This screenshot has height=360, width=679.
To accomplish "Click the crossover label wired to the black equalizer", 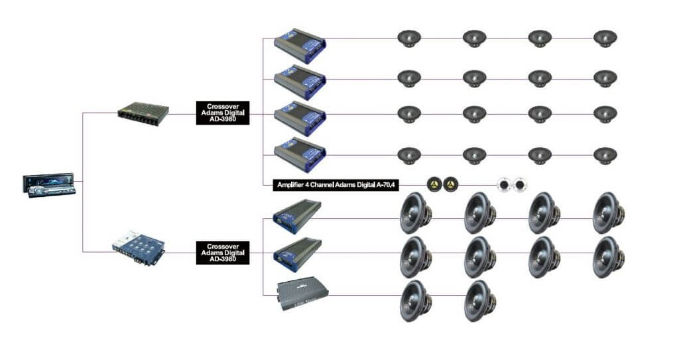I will pyautogui.click(x=223, y=113).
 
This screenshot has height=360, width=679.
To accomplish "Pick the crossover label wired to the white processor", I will pyautogui.click(x=223, y=253).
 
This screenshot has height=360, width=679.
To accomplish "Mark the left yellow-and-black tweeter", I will pyautogui.click(x=434, y=183).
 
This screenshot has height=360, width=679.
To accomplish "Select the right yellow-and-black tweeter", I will pyautogui.click(x=451, y=183).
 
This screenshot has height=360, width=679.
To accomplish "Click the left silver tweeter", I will pyautogui.click(x=505, y=184).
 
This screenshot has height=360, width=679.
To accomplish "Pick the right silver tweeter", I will pyautogui.click(x=519, y=184).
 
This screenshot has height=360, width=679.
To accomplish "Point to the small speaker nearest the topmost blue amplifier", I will pyautogui.click(x=409, y=38).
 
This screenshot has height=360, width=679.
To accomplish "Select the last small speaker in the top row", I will pyautogui.click(x=604, y=38).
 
